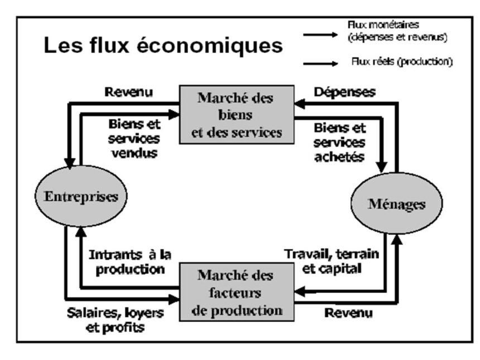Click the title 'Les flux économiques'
pos(164,46)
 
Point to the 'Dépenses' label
pos(345,91)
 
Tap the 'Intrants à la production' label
pos(130,262)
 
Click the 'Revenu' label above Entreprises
pos(130,90)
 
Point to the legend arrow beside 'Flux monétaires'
pos(322,35)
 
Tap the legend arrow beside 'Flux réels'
pos(322,64)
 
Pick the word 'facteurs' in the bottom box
pos(235,294)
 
